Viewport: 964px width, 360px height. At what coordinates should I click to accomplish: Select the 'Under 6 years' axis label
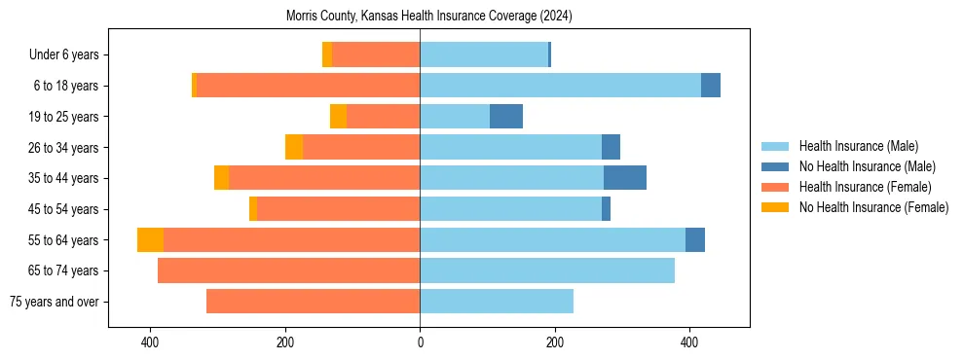(x=70, y=55)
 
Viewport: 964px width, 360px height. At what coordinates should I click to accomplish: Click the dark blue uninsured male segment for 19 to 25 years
(x=506, y=117)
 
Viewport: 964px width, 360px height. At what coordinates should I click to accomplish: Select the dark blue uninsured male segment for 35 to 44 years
(x=625, y=178)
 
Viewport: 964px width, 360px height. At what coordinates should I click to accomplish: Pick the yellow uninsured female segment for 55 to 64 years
(x=150, y=240)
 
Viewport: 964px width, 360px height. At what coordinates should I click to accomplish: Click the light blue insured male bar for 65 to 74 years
(x=547, y=270)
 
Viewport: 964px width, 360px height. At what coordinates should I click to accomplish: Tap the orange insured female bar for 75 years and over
(x=313, y=302)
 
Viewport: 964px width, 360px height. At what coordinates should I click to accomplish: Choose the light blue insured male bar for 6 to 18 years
(x=560, y=86)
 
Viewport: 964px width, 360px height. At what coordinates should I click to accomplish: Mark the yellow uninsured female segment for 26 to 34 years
(x=294, y=147)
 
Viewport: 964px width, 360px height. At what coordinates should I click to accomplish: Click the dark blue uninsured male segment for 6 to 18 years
(x=711, y=86)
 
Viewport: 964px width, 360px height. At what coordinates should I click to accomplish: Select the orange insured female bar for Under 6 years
(x=376, y=55)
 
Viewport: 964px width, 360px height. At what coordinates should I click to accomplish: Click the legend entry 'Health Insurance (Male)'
(x=858, y=146)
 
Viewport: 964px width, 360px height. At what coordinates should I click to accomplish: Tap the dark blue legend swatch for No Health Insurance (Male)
(x=776, y=166)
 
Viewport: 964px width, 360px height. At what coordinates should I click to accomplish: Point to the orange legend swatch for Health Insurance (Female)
(x=776, y=187)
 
